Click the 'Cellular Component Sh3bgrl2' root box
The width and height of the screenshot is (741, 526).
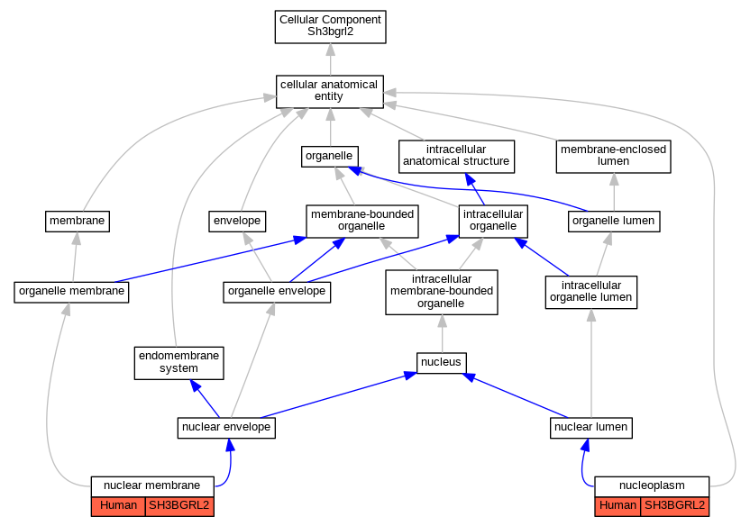[330, 27]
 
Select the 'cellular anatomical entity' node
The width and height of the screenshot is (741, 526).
[329, 92]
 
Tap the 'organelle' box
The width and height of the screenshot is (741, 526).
[330, 157]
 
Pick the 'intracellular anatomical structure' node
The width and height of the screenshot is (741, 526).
[456, 157]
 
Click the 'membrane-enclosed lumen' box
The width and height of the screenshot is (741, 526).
[613, 157]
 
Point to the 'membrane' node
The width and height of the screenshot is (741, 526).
[78, 222]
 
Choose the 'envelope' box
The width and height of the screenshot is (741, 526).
[237, 222]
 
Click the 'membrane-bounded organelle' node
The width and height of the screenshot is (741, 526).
[362, 222]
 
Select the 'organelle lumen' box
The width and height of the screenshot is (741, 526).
[614, 222]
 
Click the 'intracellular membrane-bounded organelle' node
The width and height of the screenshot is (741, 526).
[442, 293]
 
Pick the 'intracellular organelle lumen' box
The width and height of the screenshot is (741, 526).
[591, 293]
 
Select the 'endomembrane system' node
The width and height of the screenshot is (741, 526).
[179, 363]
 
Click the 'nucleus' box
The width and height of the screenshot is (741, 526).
[442, 363]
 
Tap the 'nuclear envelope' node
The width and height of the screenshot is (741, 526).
[226, 428]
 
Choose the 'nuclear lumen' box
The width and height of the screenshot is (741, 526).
[591, 428]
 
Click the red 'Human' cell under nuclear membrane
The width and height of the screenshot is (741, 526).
[118, 506]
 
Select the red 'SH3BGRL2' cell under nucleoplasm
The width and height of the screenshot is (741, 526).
[675, 506]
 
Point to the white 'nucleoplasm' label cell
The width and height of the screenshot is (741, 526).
[652, 486]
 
